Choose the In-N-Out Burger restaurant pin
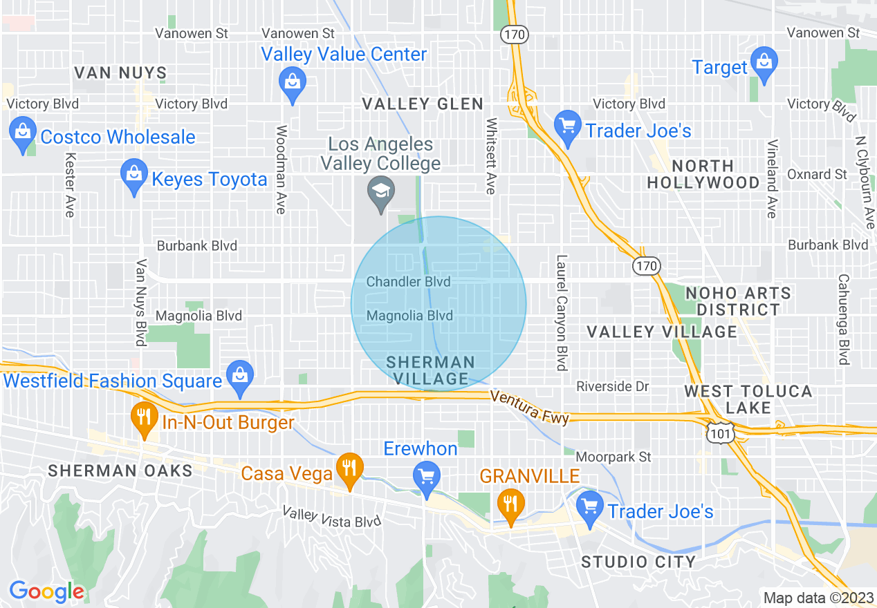click(144, 417)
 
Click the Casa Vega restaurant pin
click(350, 468)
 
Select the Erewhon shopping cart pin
click(425, 477)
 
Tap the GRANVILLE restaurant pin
click(510, 504)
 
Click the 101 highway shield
click(719, 433)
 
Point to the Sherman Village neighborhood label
click(430, 370)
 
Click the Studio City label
click(638, 561)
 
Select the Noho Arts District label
click(737, 301)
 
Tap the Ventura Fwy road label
click(529, 408)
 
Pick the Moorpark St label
click(613, 457)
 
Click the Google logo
click(46, 591)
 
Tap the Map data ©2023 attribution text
click(815, 598)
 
